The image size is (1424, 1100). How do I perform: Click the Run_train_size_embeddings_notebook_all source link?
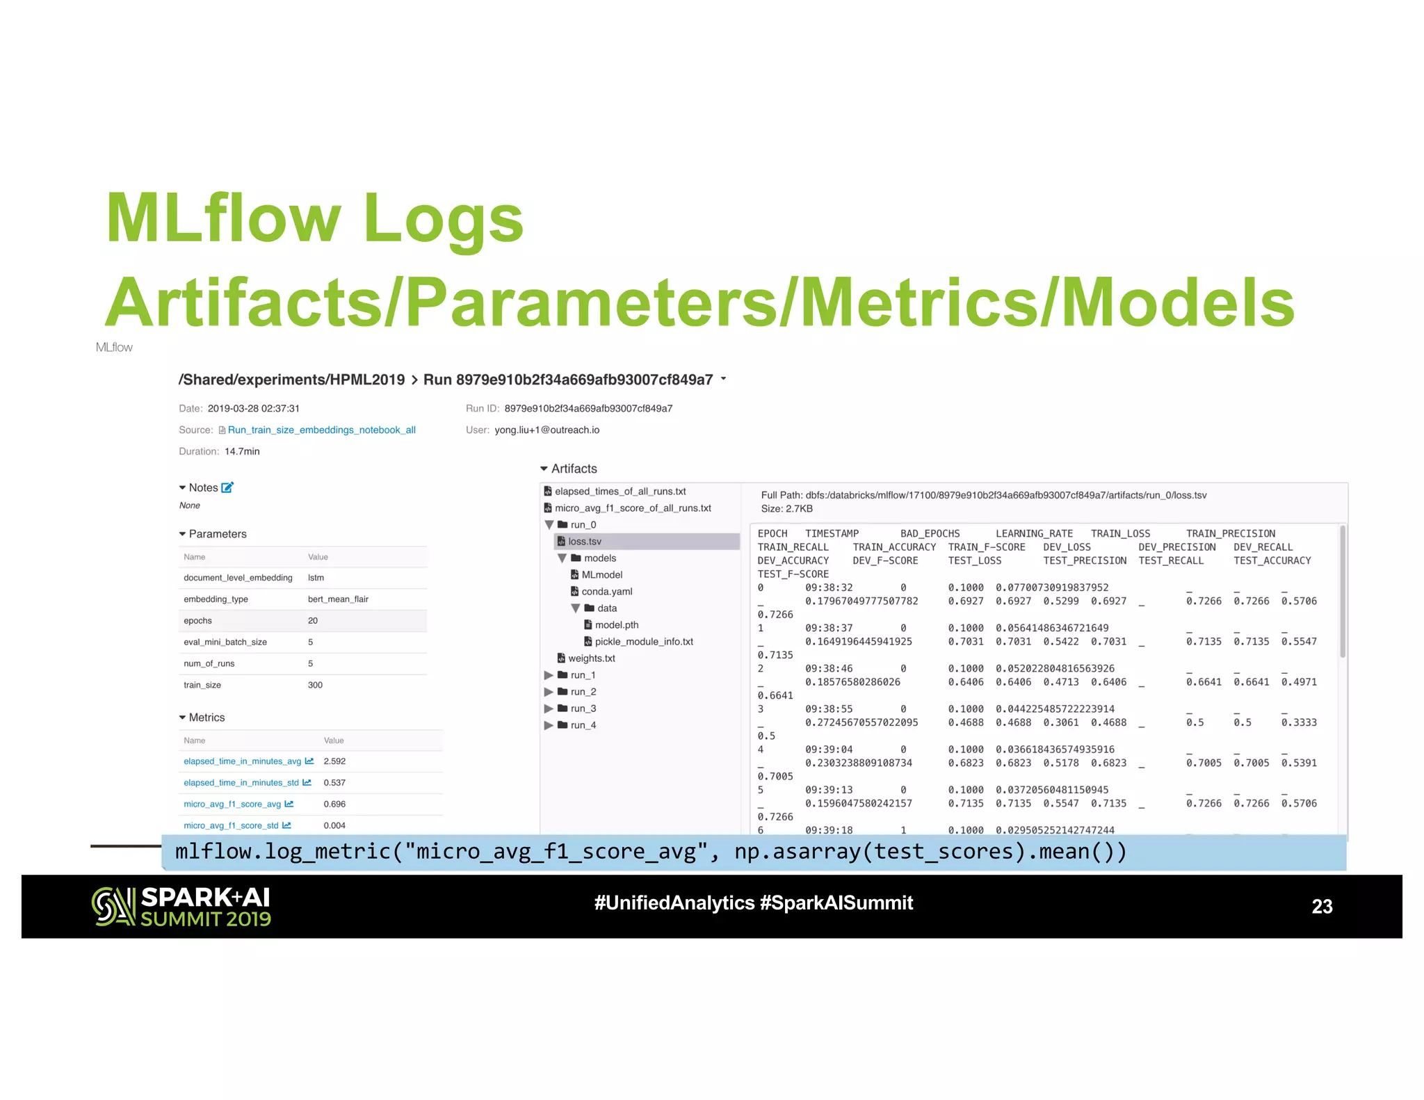[321, 430]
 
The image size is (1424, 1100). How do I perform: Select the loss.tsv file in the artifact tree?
[584, 542]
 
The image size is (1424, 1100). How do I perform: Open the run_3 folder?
[583, 709]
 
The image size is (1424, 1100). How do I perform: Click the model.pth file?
[616, 625]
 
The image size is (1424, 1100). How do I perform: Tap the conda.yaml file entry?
[606, 592]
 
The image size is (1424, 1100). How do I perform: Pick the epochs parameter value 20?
[313, 621]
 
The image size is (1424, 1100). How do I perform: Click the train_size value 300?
[315, 685]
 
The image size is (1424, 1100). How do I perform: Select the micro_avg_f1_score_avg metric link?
[232, 804]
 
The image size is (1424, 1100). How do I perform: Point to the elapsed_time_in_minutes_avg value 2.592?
[334, 761]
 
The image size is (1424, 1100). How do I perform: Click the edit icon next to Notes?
[227, 488]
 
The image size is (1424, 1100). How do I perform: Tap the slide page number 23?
[1321, 907]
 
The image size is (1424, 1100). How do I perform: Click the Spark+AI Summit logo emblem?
[113, 907]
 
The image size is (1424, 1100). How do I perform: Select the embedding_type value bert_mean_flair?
[338, 599]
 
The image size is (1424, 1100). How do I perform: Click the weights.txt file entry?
[591, 658]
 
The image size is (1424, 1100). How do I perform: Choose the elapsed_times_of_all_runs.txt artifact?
[620, 492]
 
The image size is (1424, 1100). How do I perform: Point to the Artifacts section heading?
[574, 469]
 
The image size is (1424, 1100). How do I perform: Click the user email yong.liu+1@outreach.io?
[547, 430]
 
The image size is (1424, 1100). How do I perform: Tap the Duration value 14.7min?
[242, 451]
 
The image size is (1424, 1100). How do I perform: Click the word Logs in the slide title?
[443, 218]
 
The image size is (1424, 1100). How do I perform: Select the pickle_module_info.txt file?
[643, 642]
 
